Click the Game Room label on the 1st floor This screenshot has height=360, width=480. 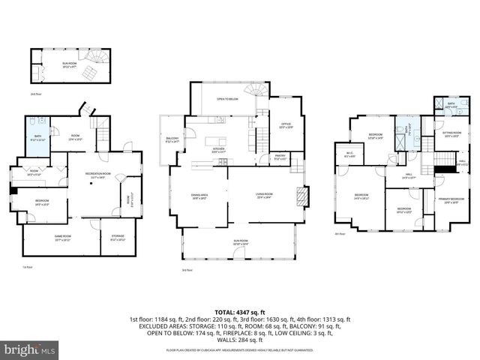tap(62, 238)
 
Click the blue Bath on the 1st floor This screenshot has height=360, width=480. tap(37, 138)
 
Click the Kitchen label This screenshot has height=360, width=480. tap(218, 151)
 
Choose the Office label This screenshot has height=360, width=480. tap(285, 125)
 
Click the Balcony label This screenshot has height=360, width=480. tap(172, 139)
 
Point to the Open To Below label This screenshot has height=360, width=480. tap(228, 99)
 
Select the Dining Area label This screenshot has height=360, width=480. tap(199, 196)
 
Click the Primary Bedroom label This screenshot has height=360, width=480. tap(448, 201)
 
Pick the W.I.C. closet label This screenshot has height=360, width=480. tap(349, 155)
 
